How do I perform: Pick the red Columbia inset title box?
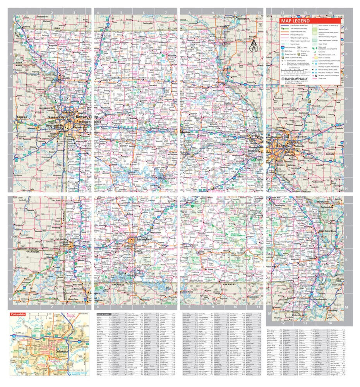19,315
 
